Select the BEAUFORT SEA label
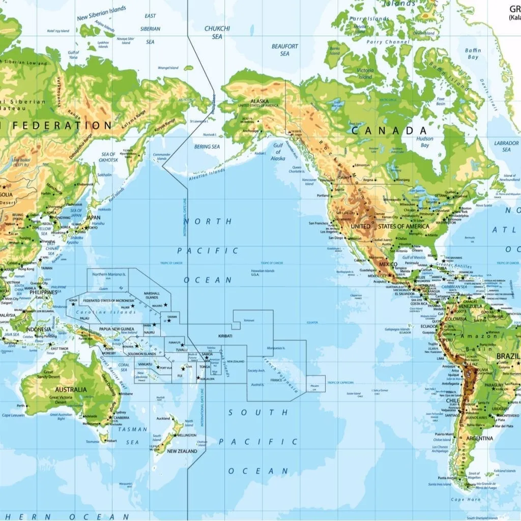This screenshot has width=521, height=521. [284, 50]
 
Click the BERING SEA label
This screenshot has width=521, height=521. [207, 147]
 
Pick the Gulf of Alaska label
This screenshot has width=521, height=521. [278, 152]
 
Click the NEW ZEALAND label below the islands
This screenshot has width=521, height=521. [182, 451]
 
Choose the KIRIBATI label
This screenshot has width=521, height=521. [225, 336]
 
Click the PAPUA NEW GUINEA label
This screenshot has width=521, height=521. [117, 329]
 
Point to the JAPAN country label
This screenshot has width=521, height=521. [93, 217]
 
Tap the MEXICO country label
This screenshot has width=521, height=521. [388, 265]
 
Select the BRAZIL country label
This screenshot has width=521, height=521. [508, 356]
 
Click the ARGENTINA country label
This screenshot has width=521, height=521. [479, 438]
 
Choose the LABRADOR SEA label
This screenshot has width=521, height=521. [506, 147]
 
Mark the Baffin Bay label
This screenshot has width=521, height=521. [473, 54]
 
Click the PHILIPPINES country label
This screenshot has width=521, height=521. [42, 293]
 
